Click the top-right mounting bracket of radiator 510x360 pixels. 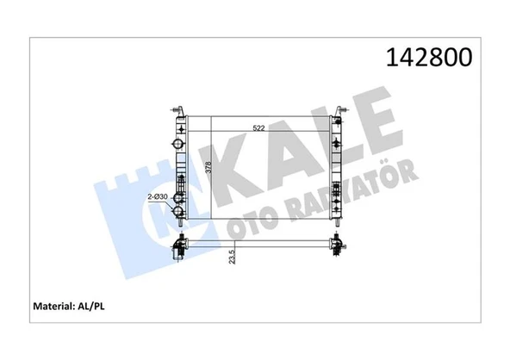[x=343, y=108]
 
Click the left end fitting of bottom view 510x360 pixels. [x=179, y=248]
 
